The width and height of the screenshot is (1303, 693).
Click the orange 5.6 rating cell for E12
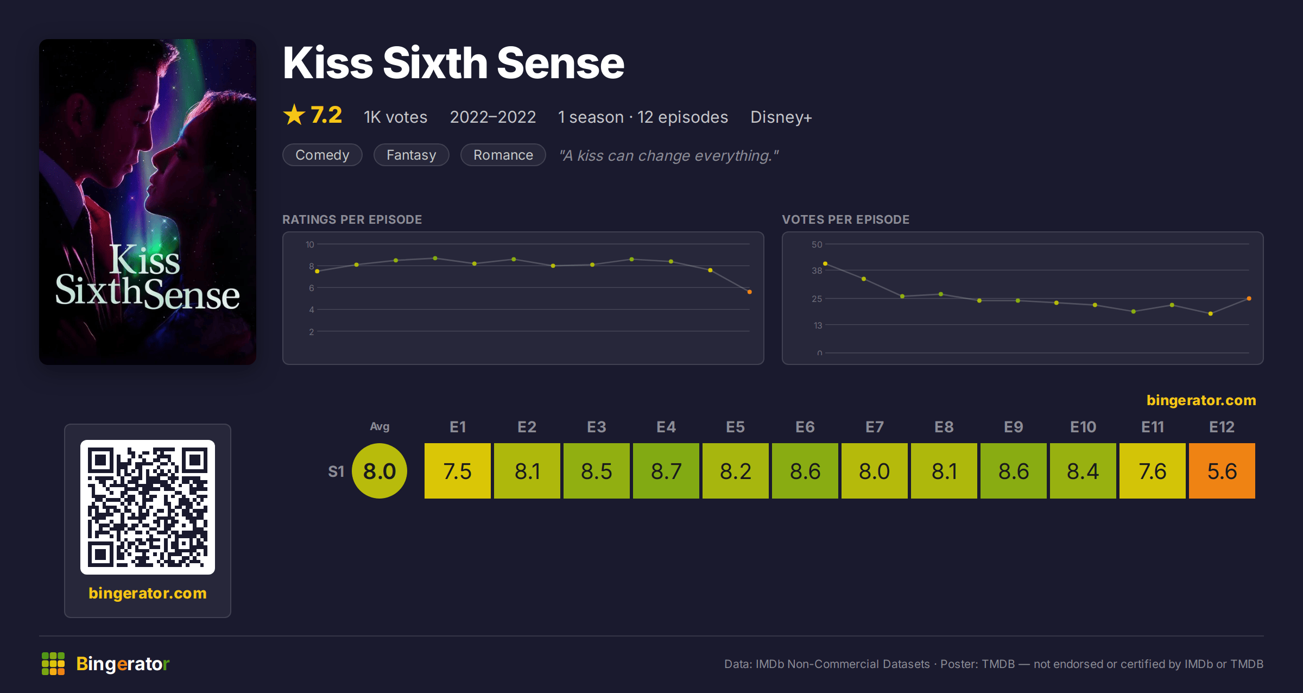click(x=1222, y=471)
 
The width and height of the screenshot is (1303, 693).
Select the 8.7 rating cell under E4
click(x=666, y=471)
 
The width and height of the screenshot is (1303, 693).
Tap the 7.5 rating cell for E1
click(x=457, y=471)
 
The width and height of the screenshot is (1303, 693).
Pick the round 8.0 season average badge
click(x=379, y=471)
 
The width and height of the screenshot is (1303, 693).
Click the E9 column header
click(x=1013, y=427)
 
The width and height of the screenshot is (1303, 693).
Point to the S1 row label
click(x=336, y=471)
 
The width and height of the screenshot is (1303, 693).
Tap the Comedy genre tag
click(x=322, y=155)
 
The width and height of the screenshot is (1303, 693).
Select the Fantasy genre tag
click(x=412, y=155)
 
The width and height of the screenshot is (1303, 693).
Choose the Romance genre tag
click(x=503, y=155)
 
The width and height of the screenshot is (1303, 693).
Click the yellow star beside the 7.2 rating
click(x=294, y=115)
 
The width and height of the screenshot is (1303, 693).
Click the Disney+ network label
click(x=781, y=117)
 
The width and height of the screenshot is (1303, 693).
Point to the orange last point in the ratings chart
click(x=749, y=292)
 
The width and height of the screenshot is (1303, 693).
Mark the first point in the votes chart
click(x=825, y=263)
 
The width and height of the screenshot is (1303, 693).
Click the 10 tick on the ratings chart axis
click(x=309, y=244)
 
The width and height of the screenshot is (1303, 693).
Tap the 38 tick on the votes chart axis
click(x=817, y=270)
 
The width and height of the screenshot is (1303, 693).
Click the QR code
click(x=148, y=507)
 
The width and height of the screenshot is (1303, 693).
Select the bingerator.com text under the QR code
click(x=148, y=593)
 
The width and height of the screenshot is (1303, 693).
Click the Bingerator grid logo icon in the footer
click(x=53, y=664)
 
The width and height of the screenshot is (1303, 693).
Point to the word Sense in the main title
click(x=560, y=63)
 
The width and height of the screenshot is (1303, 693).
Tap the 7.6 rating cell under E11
click(x=1152, y=471)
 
